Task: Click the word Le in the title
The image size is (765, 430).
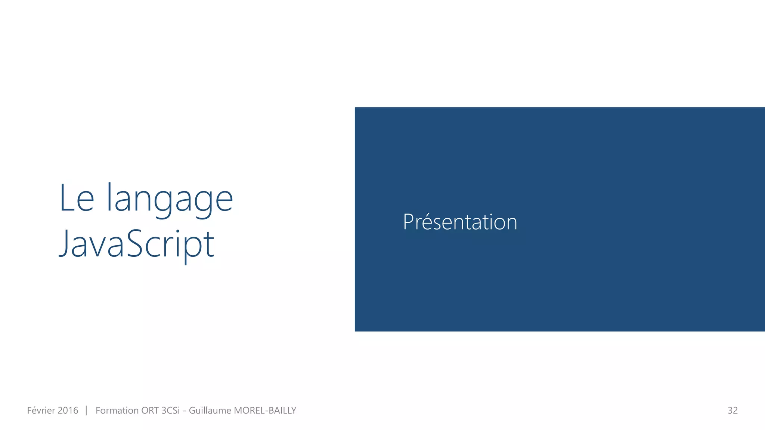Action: click(77, 198)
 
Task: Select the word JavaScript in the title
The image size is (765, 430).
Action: click(137, 244)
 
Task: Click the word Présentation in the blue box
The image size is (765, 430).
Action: click(460, 222)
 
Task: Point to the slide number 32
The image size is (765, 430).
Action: click(733, 411)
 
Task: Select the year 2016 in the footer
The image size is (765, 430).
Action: click(68, 411)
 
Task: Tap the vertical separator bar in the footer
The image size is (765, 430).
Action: click(86, 411)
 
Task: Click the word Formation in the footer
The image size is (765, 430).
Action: click(117, 411)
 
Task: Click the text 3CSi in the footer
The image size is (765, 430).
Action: click(170, 411)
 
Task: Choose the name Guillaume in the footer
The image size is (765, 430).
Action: click(210, 411)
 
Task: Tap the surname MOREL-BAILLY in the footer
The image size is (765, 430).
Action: click(265, 411)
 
